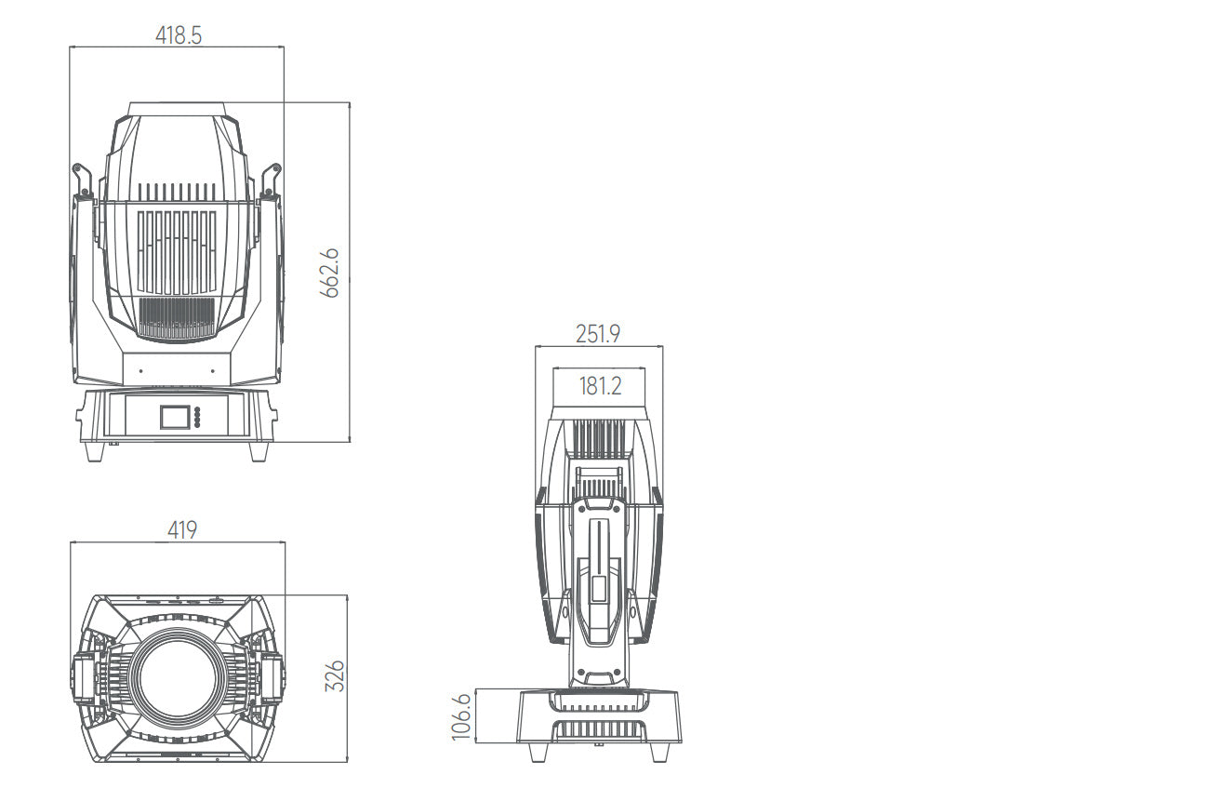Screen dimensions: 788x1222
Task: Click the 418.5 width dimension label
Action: point(177,35)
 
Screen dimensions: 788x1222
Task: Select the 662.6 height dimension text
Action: point(330,273)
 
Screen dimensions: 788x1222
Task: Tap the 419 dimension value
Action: point(182,530)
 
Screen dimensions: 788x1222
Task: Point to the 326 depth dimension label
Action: point(336,676)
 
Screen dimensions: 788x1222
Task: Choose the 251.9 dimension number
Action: point(597,334)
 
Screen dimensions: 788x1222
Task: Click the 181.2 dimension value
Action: point(600,386)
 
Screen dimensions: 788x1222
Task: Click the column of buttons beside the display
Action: point(197,416)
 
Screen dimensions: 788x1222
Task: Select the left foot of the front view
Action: point(95,451)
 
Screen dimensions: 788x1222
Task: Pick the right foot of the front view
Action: point(259,451)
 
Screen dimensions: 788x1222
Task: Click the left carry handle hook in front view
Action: point(81,180)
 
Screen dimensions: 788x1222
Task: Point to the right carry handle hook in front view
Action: point(272,180)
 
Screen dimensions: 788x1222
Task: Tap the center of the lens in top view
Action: point(175,677)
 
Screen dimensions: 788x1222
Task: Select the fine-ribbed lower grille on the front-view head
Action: point(177,316)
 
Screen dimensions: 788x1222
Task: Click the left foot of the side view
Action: point(538,751)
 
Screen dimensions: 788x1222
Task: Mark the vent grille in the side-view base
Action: point(599,729)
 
